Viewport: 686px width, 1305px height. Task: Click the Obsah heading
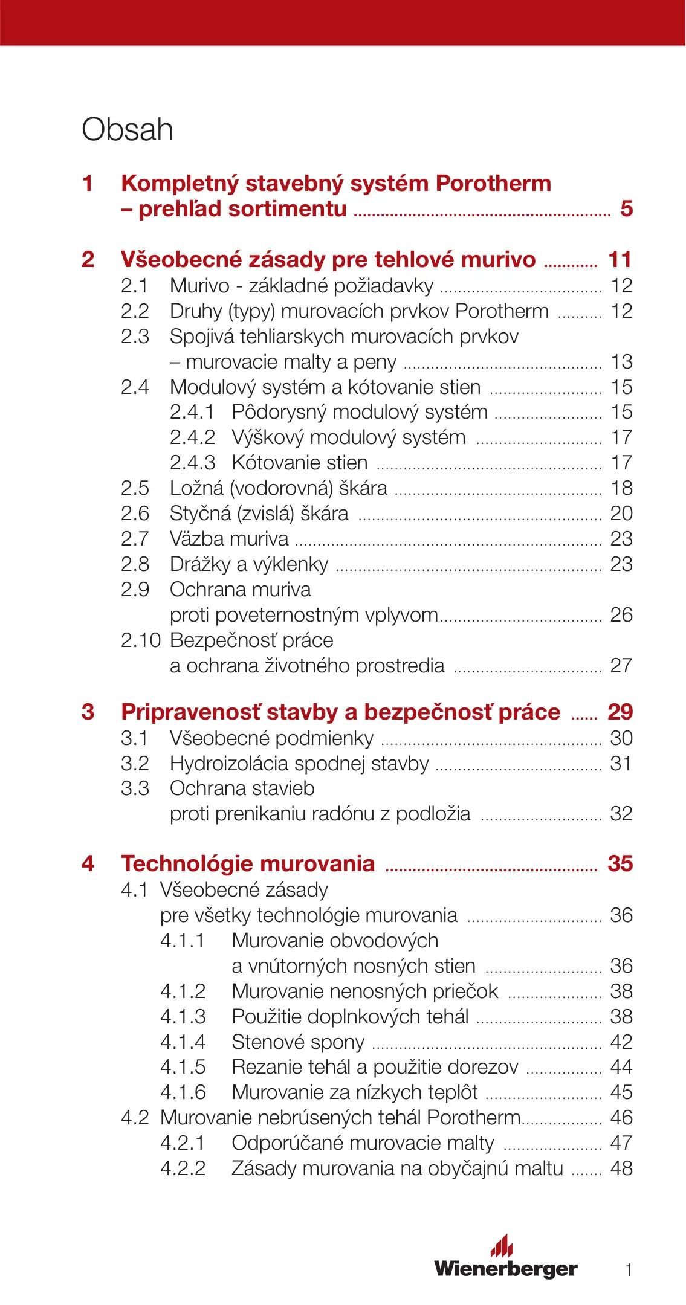coord(128,130)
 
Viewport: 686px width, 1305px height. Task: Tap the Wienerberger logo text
coord(506,1268)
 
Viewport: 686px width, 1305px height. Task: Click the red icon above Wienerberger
coord(502,1245)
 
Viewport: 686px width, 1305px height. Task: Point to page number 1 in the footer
coord(629,1270)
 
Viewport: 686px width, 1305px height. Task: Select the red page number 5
coord(626,209)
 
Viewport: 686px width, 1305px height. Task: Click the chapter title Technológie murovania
coord(248,863)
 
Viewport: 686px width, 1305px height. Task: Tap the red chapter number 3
coord(88,712)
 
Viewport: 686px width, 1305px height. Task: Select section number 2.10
coord(141,640)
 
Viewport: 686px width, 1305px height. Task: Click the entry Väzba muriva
coord(229,539)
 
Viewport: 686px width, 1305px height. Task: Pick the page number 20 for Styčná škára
coord(621,514)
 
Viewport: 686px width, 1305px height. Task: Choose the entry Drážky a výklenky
coord(249,564)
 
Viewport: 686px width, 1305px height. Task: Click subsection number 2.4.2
coord(192,437)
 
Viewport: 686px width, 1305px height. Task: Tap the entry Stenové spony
coord(298,1042)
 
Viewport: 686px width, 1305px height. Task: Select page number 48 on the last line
coord(621,1168)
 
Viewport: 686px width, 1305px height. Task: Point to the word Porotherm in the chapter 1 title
coord(493,184)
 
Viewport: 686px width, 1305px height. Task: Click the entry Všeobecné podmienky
coord(271,738)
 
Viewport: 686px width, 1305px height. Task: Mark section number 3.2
coord(135,764)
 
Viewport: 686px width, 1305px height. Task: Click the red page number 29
coord(620,712)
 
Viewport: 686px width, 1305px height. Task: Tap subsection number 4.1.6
coord(183,1092)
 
